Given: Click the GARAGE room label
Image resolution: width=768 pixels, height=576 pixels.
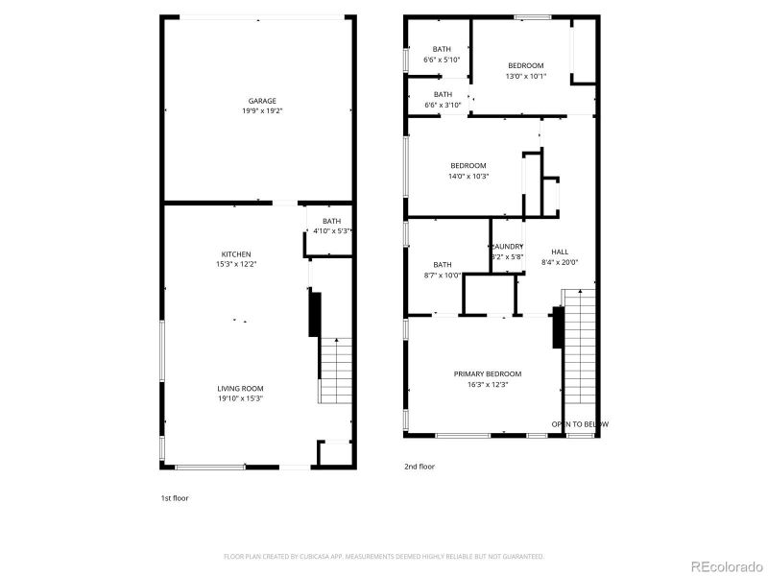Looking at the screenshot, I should pos(262,101).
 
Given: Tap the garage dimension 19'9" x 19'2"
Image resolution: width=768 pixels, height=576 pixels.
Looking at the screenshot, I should pos(262,111).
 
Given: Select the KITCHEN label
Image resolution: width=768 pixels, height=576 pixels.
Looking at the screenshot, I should pos(235,254).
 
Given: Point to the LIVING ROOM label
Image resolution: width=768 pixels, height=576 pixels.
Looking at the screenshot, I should pos(240,388).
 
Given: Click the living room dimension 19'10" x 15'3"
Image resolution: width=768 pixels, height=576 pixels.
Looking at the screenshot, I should pos(240,398).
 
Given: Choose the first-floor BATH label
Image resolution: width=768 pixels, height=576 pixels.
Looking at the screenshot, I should pos(331,221).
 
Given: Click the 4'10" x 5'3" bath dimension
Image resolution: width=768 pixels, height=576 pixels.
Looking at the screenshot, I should pos(331,230).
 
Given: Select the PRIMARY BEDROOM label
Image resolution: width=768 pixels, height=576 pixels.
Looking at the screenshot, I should pos(488,373).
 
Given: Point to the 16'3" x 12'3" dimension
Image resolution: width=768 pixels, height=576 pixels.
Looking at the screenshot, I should pos(488,384).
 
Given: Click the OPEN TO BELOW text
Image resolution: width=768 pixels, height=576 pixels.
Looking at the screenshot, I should pos(579,423).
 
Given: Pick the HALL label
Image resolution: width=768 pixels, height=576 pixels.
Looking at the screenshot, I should pos(560,252).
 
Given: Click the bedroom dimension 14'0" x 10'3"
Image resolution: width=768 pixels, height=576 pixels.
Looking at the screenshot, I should pos(468,176).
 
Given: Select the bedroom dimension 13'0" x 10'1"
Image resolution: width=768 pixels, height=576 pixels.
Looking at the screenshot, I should pos(525,76).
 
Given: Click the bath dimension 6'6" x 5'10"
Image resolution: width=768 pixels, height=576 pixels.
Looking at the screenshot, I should pos(442,60).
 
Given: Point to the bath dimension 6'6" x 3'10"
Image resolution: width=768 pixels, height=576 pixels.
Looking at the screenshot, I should pos(442,105).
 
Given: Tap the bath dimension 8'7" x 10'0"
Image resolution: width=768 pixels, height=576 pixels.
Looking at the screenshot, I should pos(442,275).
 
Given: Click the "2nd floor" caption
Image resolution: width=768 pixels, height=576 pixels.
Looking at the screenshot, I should pos(420,467).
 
